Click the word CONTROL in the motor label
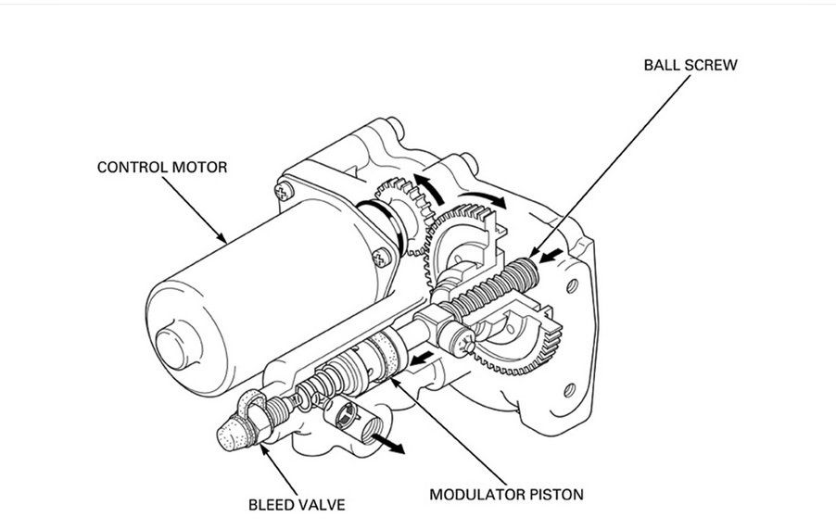coord(128,168)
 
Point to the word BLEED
coord(271,505)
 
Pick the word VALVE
coord(322,505)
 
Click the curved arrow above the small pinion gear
coord(431,186)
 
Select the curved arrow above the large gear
coord(484,197)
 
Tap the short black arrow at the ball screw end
coord(551,256)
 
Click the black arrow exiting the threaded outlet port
coord(388,444)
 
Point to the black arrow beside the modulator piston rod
coord(421,359)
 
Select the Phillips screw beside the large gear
coord(381,259)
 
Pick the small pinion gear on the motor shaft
coord(403,208)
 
